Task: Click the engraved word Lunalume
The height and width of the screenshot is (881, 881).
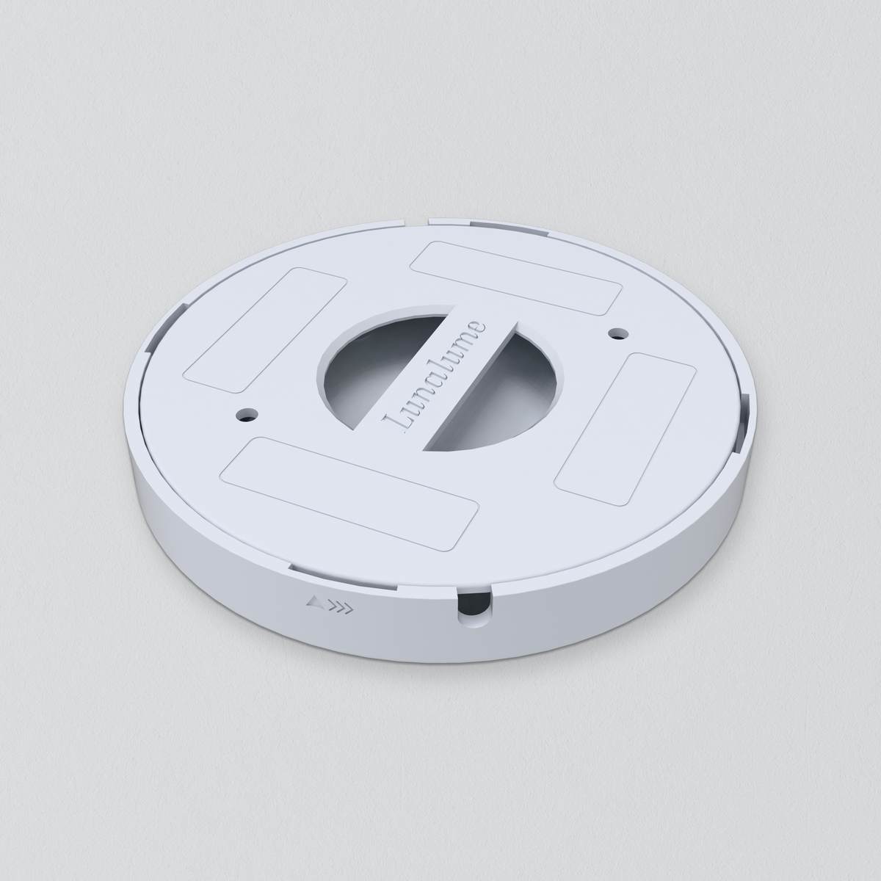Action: pyautogui.click(x=435, y=377)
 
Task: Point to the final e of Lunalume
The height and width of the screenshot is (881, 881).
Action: pyautogui.click(x=477, y=328)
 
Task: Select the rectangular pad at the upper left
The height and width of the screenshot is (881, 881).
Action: pyautogui.click(x=265, y=330)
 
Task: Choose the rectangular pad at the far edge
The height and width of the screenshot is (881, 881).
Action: pyautogui.click(x=516, y=278)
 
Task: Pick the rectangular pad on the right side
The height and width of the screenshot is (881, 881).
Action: pyautogui.click(x=625, y=429)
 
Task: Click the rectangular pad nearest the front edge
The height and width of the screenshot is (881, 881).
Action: pyautogui.click(x=349, y=493)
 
